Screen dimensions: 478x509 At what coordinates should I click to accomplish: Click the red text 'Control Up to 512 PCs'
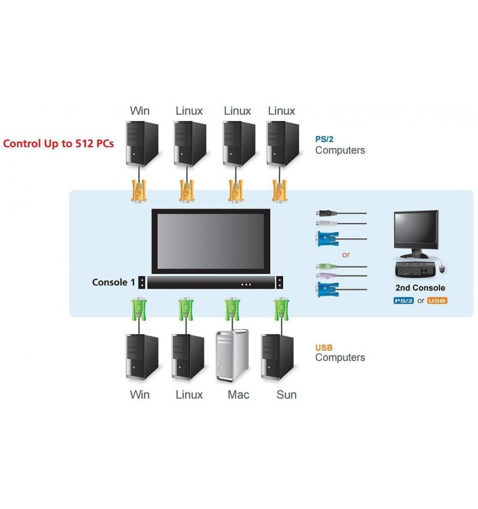coord(58,143)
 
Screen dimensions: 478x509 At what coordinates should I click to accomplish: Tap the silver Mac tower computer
coord(232,356)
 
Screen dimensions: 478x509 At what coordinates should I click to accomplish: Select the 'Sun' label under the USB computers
coord(286,395)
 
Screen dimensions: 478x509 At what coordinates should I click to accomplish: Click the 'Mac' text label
coord(238,395)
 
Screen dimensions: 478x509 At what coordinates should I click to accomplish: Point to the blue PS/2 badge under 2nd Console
coord(404,300)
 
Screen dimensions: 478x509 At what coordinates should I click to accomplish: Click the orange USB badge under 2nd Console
coord(437,300)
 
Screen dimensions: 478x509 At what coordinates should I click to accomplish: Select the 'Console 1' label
coord(113,282)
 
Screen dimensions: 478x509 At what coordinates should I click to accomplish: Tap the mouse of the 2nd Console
coord(442,268)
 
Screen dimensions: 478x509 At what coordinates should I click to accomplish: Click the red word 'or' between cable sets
coord(346,255)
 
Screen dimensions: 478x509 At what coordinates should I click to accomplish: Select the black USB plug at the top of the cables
coord(326,213)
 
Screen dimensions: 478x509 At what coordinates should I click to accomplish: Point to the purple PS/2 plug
coord(326,276)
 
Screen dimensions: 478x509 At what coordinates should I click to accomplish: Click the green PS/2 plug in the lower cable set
coord(326,266)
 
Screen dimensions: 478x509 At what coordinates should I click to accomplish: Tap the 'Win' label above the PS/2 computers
coord(140,111)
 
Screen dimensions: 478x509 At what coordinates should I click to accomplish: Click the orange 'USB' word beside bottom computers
coord(324,348)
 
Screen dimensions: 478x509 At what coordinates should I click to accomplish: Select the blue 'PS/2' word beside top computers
coord(324,139)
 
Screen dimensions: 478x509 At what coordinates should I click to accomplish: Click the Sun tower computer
coord(278,357)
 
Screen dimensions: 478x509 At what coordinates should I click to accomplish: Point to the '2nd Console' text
coord(420,288)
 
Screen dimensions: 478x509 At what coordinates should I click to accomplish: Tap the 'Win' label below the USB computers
coord(140,395)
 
